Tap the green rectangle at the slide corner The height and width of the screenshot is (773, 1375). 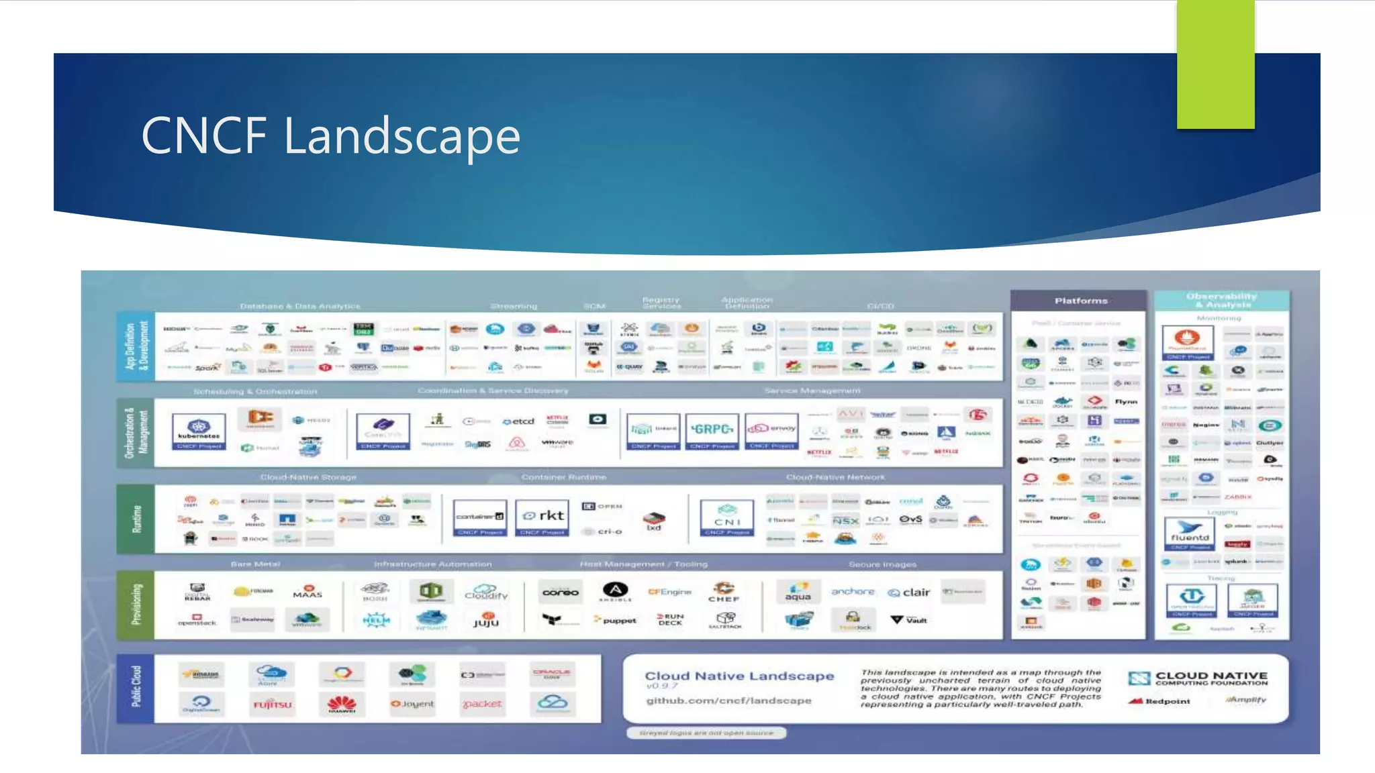pyautogui.click(x=1215, y=64)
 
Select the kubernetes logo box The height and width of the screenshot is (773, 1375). pyautogui.click(x=199, y=431)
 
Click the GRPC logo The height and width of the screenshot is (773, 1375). pyautogui.click(x=712, y=430)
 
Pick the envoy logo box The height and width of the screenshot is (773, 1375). pyautogui.click(x=771, y=430)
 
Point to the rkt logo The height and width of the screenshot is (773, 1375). pyautogui.click(x=542, y=516)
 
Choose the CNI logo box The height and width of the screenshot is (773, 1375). pyautogui.click(x=726, y=517)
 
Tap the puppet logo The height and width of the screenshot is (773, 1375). pyautogui.click(x=616, y=621)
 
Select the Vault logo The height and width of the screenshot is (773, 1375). pyautogui.click(x=909, y=620)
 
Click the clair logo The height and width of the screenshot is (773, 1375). pyautogui.click(x=909, y=592)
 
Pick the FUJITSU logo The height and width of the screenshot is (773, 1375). pyautogui.click(x=273, y=705)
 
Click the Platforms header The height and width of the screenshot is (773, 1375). pyautogui.click(x=1080, y=301)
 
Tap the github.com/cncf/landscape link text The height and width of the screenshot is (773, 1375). pyautogui.click(x=728, y=701)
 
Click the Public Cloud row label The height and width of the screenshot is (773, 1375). pyautogui.click(x=136, y=687)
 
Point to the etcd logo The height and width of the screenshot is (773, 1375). pyautogui.click(x=518, y=421)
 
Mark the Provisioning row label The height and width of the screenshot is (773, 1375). pyautogui.click(x=136, y=605)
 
